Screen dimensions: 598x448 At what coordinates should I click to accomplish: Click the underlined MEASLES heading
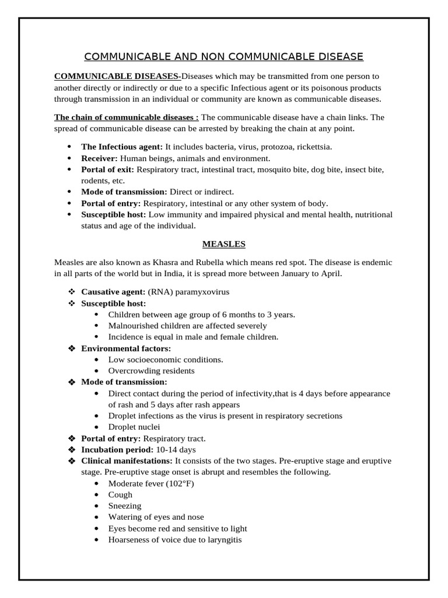pos(223,243)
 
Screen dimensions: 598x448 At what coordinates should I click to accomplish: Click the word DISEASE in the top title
pos(336,57)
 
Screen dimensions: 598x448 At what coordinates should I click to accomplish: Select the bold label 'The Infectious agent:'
pos(122,147)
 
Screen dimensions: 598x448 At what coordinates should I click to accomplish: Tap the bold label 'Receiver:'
pos(99,158)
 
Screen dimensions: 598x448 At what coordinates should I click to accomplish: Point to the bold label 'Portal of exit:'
pos(108,169)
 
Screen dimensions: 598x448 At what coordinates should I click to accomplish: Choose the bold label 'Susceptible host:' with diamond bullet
pos(113,303)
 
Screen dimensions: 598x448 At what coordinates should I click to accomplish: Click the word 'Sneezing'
pos(125,506)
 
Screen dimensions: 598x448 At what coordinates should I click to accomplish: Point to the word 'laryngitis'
pos(222,540)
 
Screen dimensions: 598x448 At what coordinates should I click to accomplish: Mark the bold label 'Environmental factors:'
pos(125,348)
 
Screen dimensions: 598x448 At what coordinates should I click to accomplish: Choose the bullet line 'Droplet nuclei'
pos(134,427)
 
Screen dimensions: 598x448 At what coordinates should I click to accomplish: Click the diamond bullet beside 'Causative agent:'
pos(72,291)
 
